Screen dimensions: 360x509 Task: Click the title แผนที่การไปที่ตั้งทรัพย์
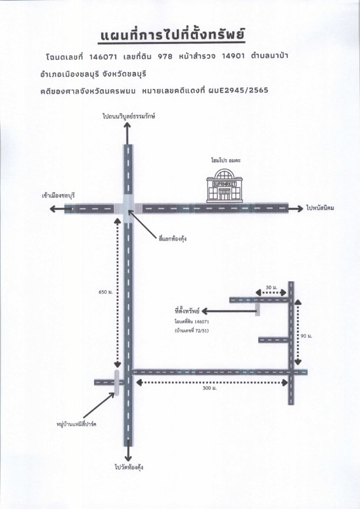(172, 36)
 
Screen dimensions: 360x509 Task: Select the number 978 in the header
(165, 57)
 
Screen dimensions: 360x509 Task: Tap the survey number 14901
(233, 56)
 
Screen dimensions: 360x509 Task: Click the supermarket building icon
(225, 185)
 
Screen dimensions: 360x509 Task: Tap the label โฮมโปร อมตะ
(226, 160)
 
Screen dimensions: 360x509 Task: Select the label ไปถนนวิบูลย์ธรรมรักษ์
(129, 116)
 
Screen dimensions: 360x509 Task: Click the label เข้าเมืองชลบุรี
(59, 195)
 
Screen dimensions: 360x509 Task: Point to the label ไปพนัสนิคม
(320, 208)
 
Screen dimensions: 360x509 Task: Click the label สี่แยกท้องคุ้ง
(173, 239)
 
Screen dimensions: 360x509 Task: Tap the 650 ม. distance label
(106, 292)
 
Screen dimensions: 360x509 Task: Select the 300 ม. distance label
(209, 388)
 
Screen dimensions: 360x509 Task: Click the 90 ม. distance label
(306, 337)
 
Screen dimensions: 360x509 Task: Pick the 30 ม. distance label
(272, 288)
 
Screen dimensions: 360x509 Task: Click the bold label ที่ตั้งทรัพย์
(186, 311)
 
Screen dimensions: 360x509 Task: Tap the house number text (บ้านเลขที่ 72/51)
(191, 331)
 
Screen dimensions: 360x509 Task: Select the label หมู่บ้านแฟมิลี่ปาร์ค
(76, 424)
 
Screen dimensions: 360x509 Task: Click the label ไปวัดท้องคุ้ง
(129, 468)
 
